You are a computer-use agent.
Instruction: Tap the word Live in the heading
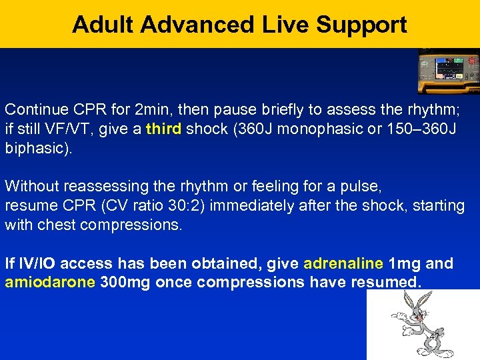point(280,25)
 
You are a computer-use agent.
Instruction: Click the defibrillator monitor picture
point(448,71)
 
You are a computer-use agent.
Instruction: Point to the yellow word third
point(163,128)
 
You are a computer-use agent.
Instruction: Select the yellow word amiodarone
point(50,282)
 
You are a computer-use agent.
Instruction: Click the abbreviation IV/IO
point(44,264)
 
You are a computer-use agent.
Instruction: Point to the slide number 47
point(434,337)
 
